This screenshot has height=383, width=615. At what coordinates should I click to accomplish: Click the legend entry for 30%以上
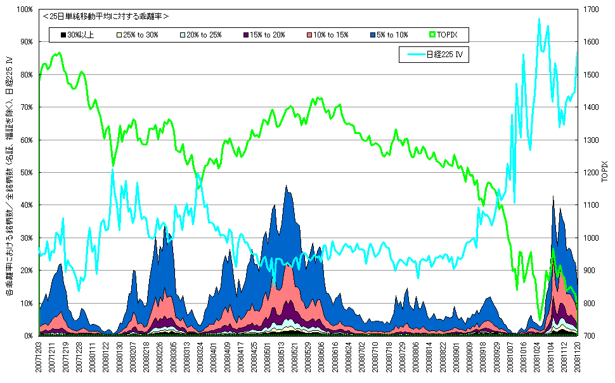[77, 35]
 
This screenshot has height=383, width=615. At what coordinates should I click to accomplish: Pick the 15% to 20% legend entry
[263, 35]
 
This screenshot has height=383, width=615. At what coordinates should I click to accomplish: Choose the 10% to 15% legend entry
[327, 35]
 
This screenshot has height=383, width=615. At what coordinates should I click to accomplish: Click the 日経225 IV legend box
[434, 55]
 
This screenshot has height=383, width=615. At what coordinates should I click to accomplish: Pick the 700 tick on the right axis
[590, 335]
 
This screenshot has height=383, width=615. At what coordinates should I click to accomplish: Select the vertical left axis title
[9, 178]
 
